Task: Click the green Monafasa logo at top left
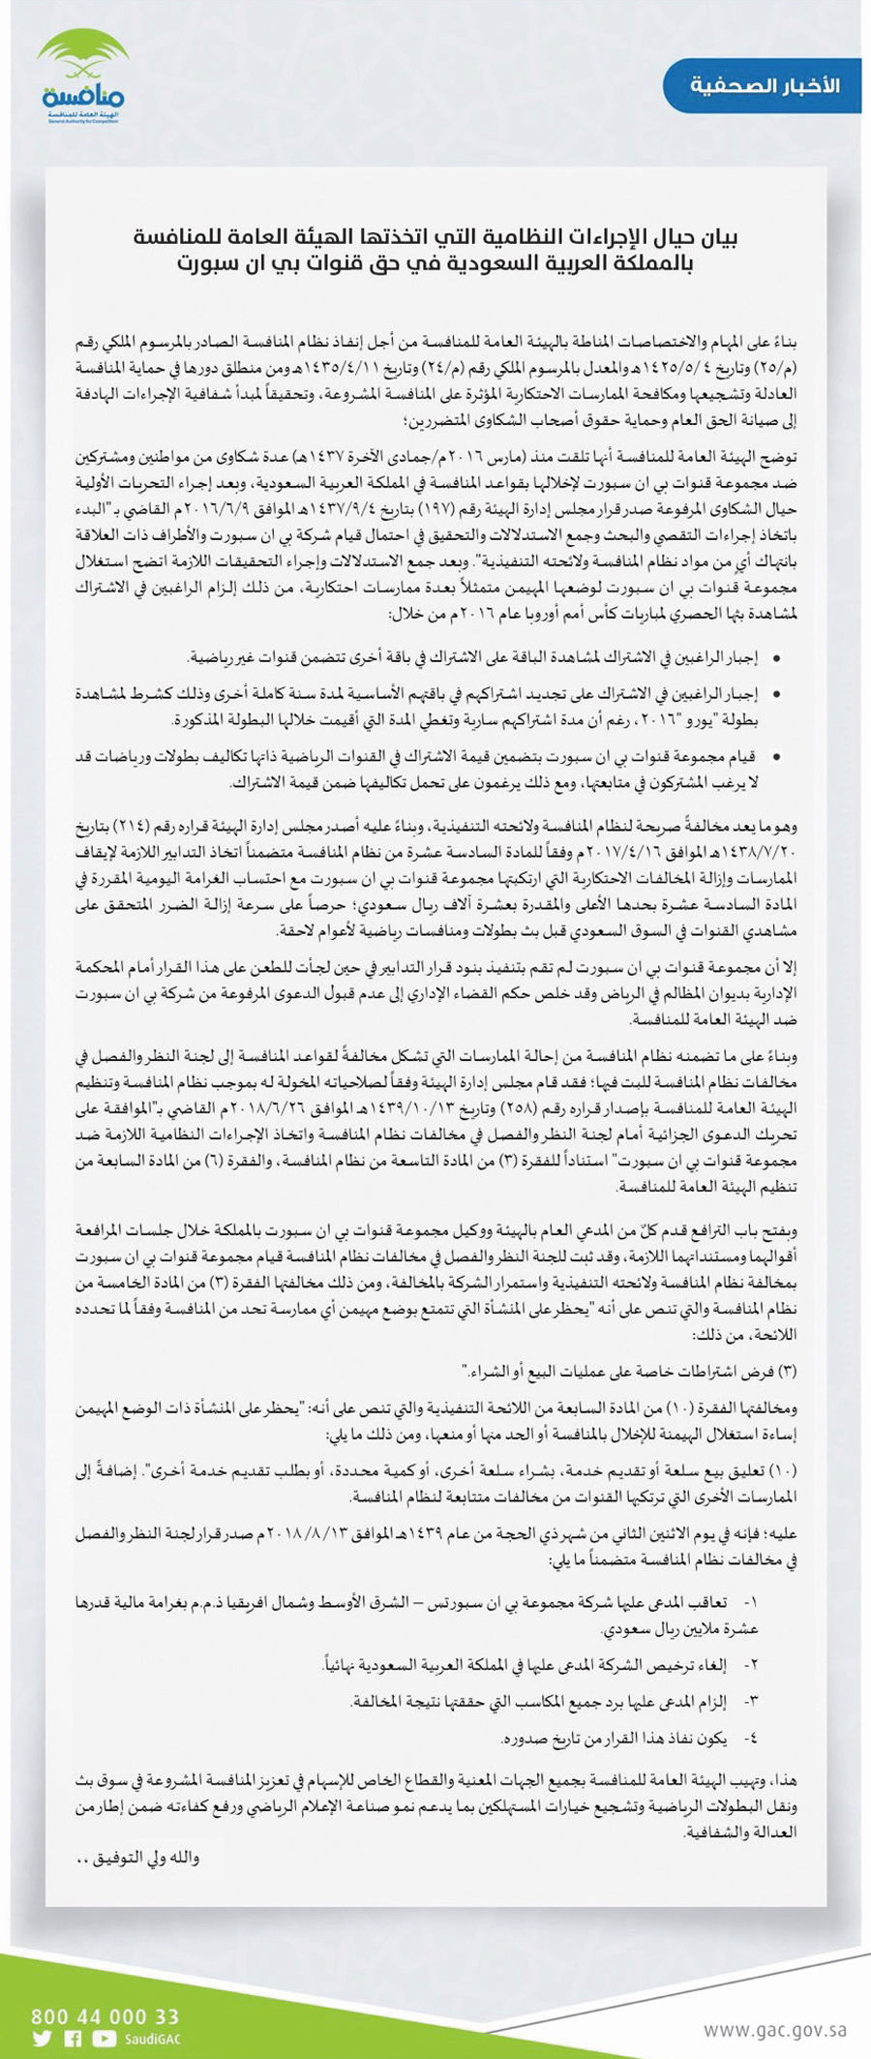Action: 83,76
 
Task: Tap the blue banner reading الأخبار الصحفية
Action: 764,86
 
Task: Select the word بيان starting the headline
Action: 716,236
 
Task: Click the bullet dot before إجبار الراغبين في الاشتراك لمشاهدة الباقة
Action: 776,659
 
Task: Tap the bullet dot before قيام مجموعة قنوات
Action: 776,757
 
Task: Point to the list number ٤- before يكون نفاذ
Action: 751,1738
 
